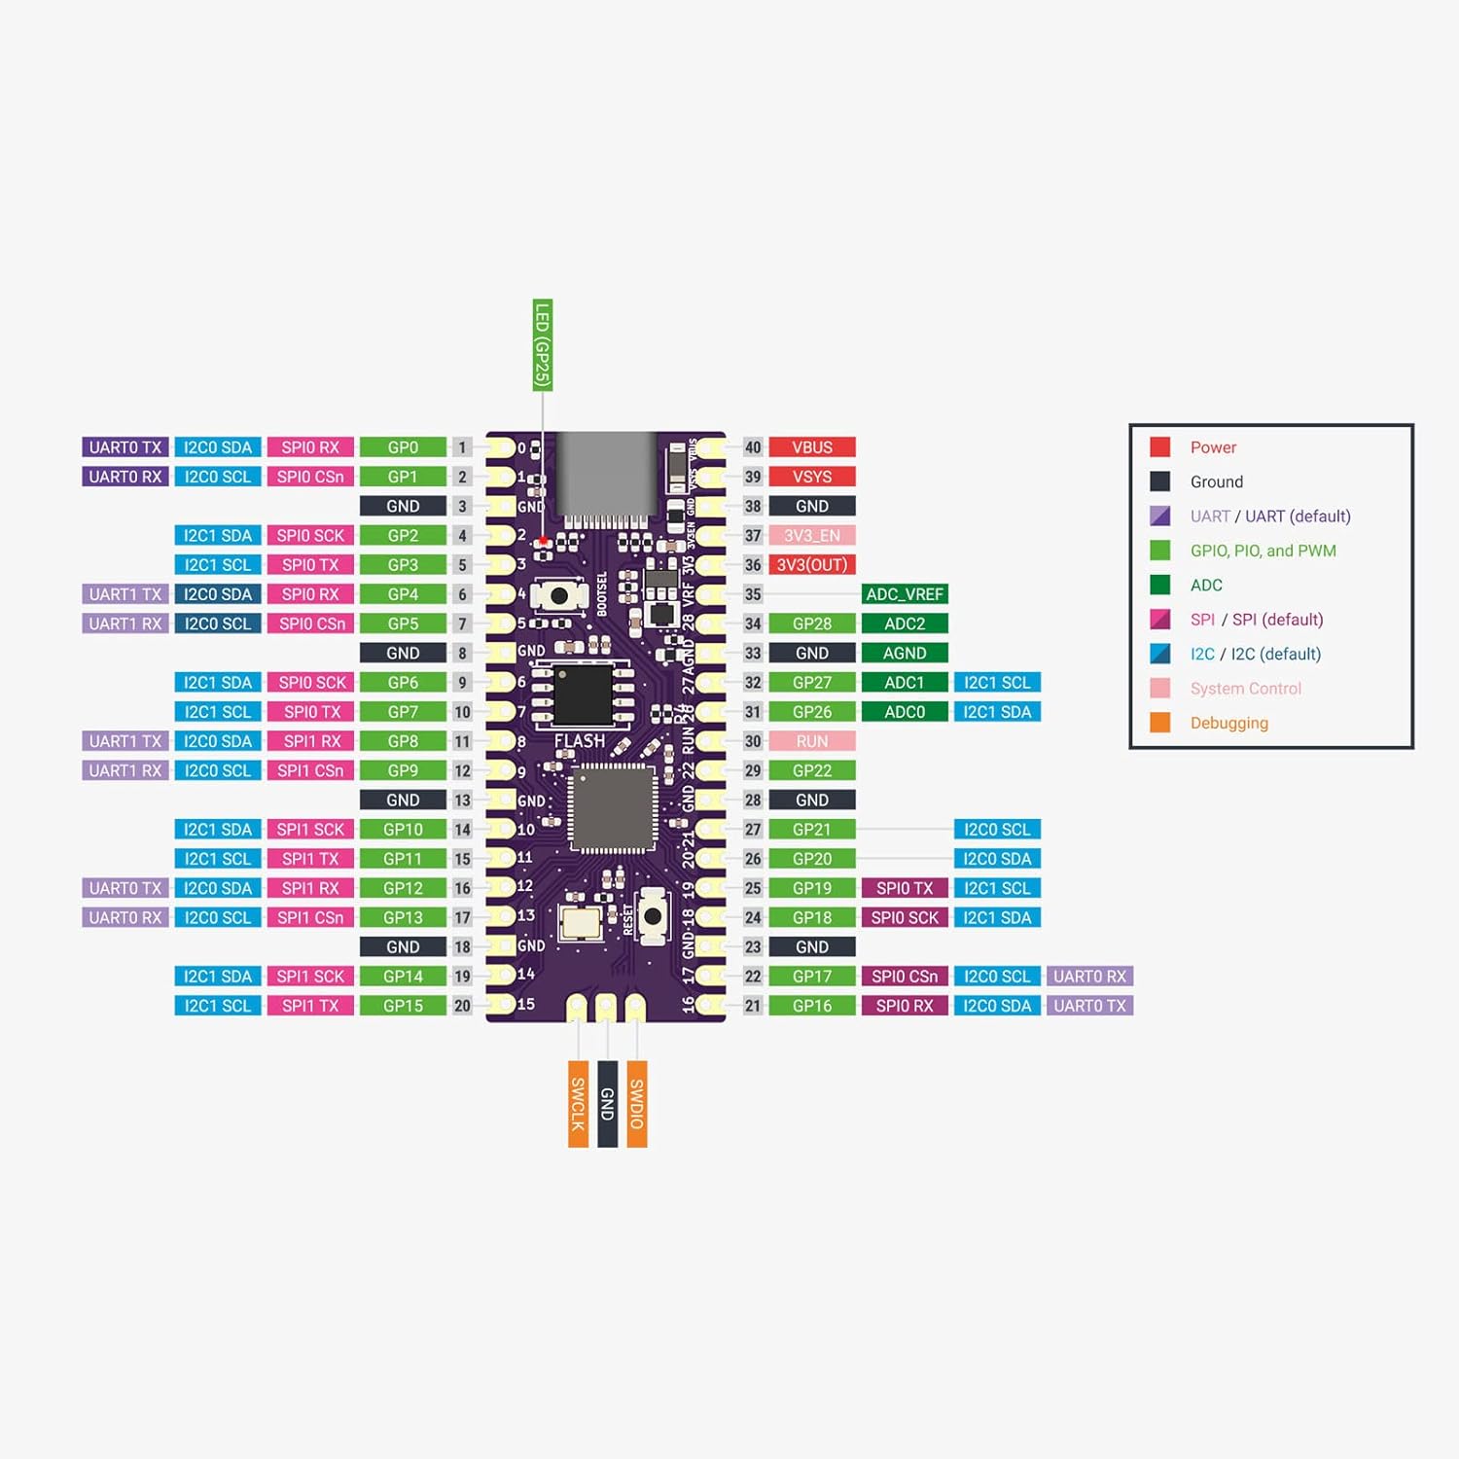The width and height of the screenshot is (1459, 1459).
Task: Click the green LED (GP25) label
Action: click(543, 345)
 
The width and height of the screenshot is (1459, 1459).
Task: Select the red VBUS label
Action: click(812, 447)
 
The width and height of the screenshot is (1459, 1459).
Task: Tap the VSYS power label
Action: click(812, 477)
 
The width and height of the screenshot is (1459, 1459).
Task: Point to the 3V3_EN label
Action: click(812, 536)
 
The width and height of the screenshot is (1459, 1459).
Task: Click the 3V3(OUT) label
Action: click(812, 565)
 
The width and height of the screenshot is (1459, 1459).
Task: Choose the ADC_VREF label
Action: click(905, 594)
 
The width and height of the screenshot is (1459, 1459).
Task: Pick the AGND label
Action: click(905, 654)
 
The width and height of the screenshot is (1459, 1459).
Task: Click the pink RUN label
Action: click(812, 741)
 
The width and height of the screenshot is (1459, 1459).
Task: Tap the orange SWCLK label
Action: click(578, 1104)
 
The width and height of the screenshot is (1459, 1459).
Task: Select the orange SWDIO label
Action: click(637, 1104)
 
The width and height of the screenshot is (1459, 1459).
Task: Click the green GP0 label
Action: click(403, 447)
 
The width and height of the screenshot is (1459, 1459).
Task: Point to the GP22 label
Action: click(812, 770)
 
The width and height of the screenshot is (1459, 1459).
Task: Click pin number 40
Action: click(753, 447)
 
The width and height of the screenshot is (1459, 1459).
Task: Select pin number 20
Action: click(462, 1006)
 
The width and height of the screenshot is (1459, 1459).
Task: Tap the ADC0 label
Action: click(905, 712)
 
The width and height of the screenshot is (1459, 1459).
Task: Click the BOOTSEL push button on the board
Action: click(559, 594)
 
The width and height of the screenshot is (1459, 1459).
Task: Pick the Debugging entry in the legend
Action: click(1228, 723)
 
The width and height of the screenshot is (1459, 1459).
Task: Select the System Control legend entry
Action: click(1245, 689)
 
